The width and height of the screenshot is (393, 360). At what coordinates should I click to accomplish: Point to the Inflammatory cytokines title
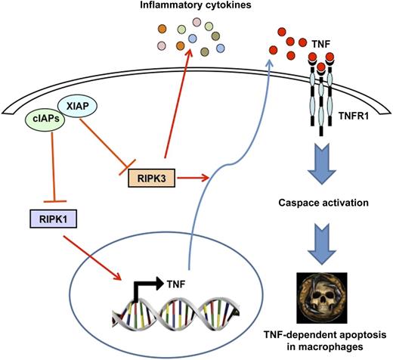coord(195,8)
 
